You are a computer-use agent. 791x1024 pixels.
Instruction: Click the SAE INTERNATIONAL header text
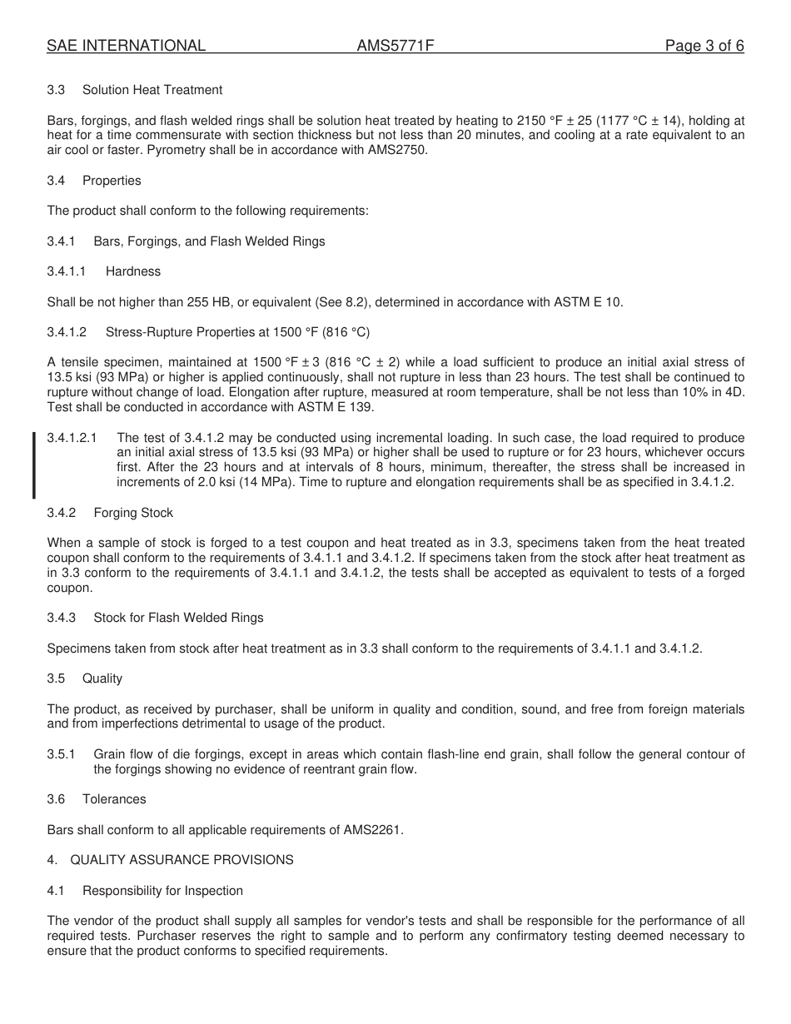pos(126,46)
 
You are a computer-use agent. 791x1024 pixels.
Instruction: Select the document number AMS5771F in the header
pos(395,46)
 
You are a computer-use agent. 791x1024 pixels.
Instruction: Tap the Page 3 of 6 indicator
pos(704,46)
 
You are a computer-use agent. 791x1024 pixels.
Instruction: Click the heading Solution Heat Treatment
pos(152,90)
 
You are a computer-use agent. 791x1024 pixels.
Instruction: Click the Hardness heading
pos(133,271)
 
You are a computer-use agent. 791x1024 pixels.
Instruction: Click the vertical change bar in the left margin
pos(34,465)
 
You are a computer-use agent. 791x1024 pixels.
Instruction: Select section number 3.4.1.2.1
pos(72,438)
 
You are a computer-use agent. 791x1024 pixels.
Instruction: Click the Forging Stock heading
pos(133,513)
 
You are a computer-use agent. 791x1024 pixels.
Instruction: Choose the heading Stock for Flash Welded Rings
pos(178,618)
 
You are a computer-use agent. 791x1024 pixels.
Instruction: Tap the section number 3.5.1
pos(62,754)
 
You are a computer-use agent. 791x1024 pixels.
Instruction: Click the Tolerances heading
pos(114,799)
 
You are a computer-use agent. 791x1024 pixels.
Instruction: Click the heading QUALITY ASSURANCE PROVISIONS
pos(182,860)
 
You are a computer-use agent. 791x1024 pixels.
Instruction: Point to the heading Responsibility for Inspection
pos(162,891)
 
